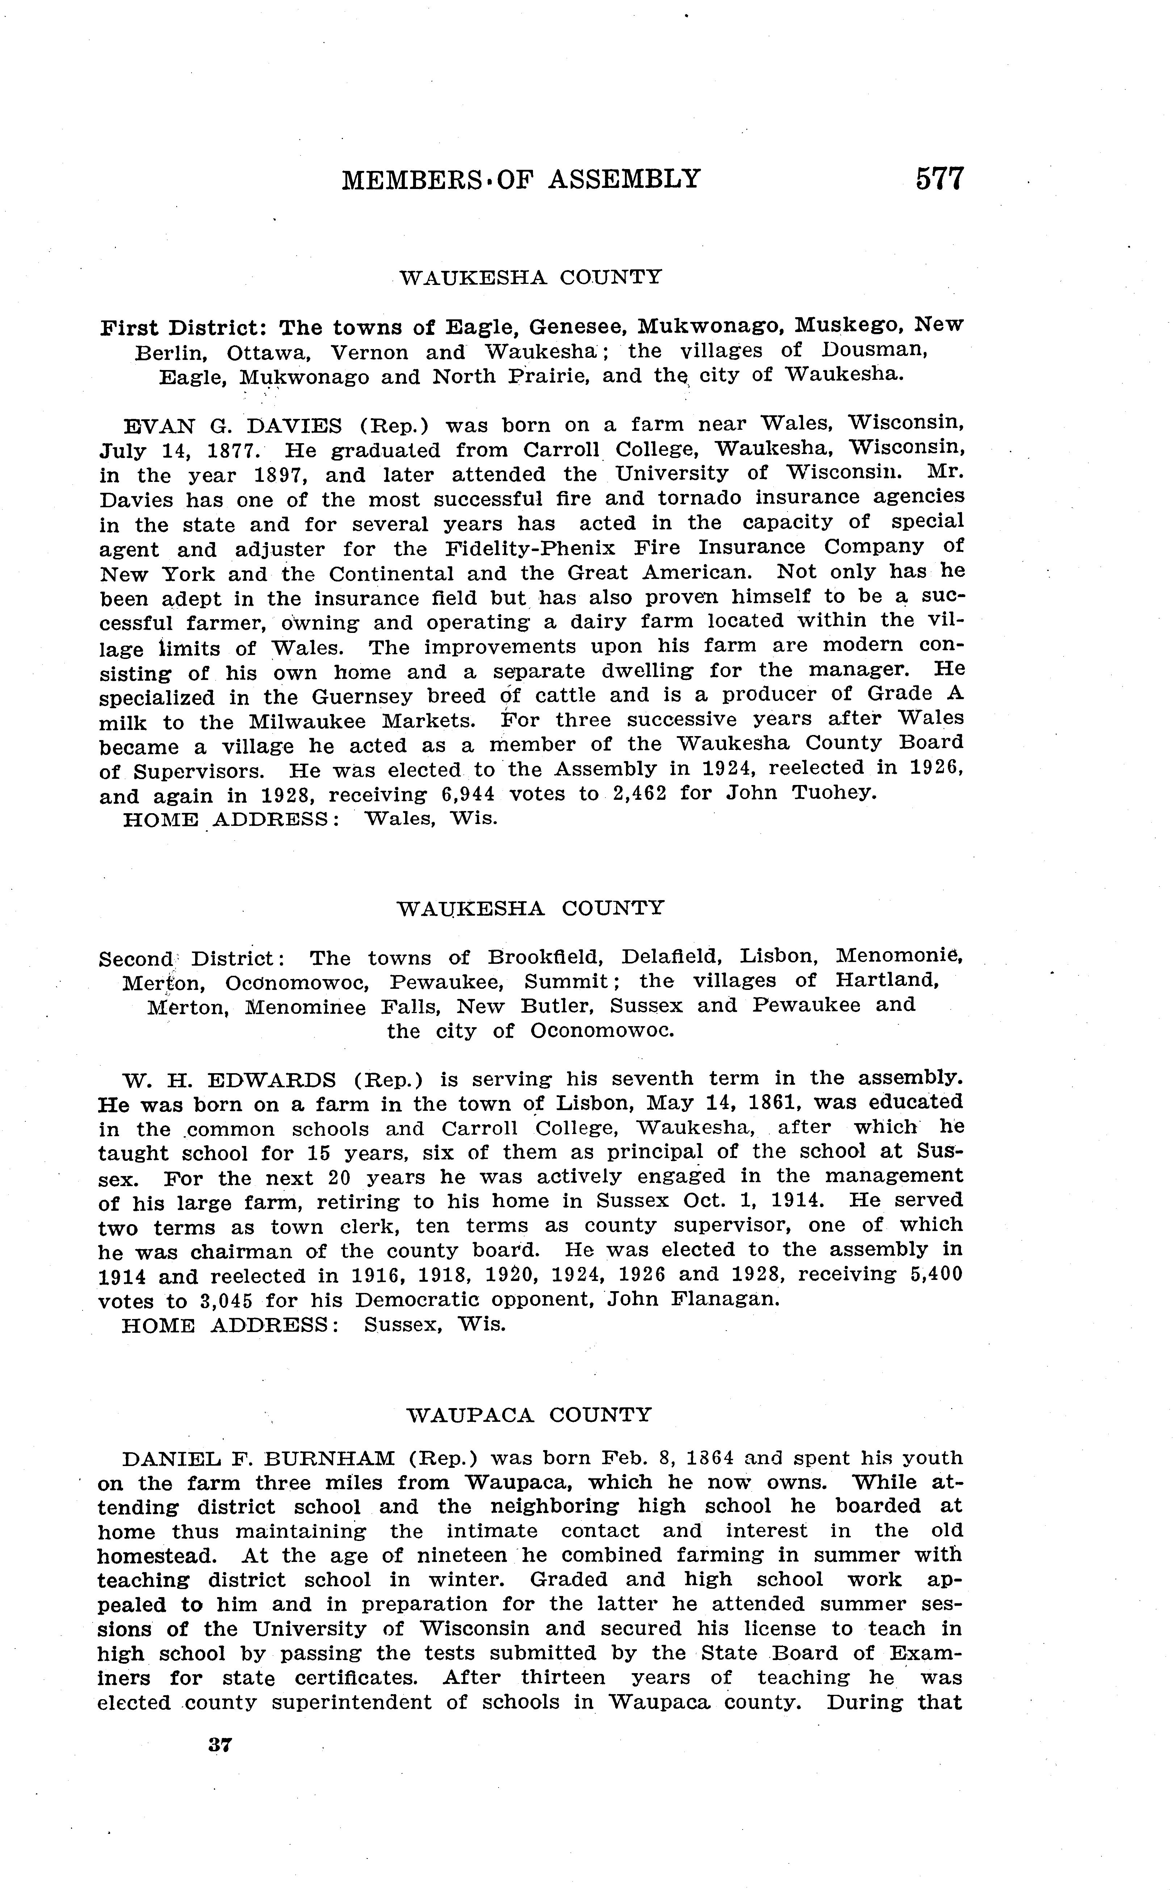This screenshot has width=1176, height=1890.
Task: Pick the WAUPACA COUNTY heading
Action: [529, 1415]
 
